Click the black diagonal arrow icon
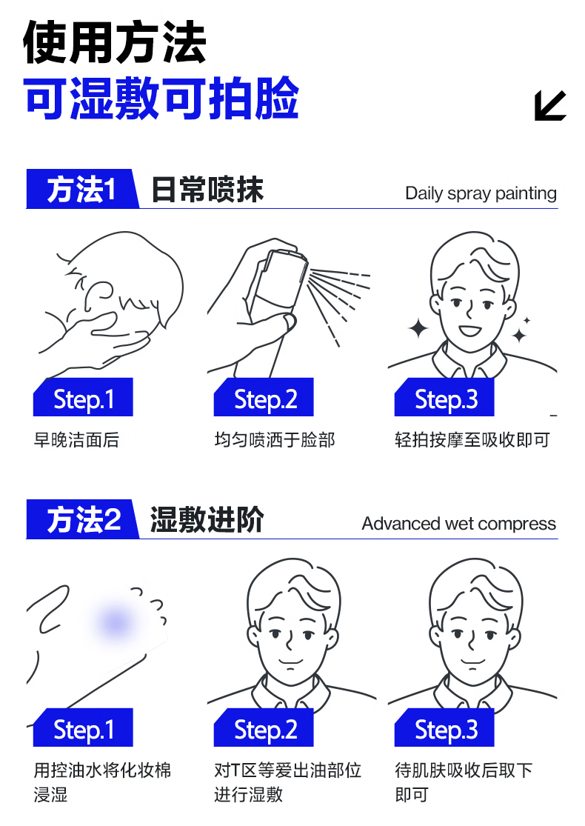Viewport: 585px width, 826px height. (549, 105)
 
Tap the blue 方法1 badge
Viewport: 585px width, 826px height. (81, 189)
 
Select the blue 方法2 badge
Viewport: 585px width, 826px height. (82, 519)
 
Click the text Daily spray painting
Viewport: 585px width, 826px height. (481, 193)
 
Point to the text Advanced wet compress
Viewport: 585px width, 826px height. (458, 524)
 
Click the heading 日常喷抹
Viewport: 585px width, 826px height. (207, 189)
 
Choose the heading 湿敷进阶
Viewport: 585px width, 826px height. (207, 519)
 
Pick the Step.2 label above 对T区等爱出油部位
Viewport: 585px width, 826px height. (264, 727)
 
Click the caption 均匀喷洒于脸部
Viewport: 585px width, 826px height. (274, 440)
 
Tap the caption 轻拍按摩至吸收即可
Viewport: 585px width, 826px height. (472, 440)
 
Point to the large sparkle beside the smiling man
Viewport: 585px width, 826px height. (419, 328)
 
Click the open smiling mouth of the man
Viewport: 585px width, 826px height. (469, 331)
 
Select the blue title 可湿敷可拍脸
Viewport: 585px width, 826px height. (161, 99)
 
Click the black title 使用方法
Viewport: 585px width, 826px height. (114, 42)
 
